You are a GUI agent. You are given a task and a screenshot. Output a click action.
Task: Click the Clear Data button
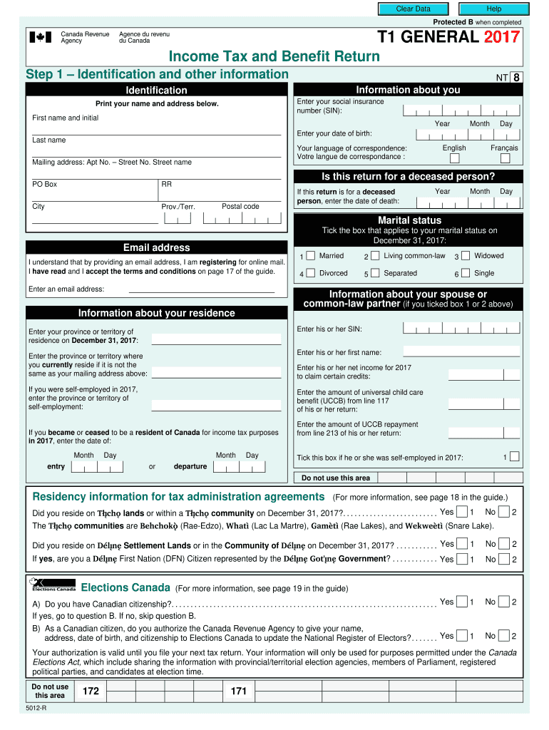pyautogui.click(x=414, y=9)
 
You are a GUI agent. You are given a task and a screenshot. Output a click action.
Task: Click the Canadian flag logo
pyautogui.click(x=40, y=37)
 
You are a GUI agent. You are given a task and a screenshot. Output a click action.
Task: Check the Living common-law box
pyautogui.click(x=375, y=256)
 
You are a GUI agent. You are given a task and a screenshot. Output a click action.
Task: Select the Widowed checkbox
pyautogui.click(x=466, y=256)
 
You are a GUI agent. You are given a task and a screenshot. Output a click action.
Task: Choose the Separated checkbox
pyautogui.click(x=375, y=273)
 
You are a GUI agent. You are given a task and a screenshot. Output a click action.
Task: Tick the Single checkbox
pyautogui.click(x=466, y=273)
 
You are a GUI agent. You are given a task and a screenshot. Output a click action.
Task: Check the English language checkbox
pyautogui.click(x=453, y=159)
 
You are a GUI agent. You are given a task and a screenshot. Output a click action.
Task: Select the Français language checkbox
pyautogui.click(x=504, y=159)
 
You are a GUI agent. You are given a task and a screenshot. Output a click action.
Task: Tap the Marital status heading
pyautogui.click(x=409, y=220)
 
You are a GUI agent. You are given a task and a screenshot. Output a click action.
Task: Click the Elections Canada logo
pyautogui.click(x=53, y=585)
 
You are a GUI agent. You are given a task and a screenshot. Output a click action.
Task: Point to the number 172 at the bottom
pyautogui.click(x=91, y=691)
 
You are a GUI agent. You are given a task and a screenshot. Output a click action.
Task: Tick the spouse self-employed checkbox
pyautogui.click(x=515, y=457)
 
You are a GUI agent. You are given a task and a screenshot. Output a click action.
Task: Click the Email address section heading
pyautogui.click(x=156, y=247)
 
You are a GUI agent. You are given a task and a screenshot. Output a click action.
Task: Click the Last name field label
pyautogui.click(x=49, y=140)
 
